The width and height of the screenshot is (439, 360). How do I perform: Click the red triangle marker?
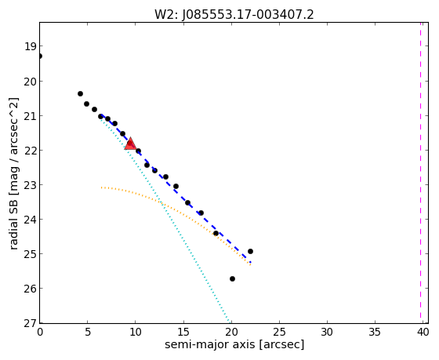point(130,144)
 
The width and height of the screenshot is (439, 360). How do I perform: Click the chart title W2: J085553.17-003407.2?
point(234,15)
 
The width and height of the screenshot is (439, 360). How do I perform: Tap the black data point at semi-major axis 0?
point(40,56)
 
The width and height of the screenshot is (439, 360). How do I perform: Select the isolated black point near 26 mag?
point(232,278)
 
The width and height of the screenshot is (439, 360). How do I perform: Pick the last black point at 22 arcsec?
point(250,251)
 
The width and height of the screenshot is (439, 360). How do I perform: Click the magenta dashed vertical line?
point(420,170)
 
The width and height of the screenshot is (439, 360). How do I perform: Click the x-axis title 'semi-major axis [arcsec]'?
point(234,344)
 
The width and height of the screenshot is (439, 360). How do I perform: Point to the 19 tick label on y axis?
point(31,46)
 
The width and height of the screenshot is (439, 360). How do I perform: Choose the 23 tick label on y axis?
point(31,185)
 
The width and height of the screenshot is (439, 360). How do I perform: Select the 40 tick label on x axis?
point(423,333)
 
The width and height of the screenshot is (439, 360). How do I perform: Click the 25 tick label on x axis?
point(279,333)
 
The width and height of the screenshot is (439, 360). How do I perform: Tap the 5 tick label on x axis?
point(88,333)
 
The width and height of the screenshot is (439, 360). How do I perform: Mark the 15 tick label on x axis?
point(183,333)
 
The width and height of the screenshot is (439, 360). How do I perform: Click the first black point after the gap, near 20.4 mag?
point(80,93)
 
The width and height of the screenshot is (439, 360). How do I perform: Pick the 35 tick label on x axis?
point(375,333)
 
